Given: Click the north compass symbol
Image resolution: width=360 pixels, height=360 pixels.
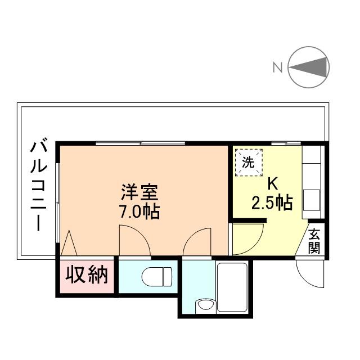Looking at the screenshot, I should point(309,67).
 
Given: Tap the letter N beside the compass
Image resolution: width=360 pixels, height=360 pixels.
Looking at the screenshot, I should point(277,68).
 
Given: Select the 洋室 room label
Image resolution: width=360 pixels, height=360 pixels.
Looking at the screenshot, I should point(140,192).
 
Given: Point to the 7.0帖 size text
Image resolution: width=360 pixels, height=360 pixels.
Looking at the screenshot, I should point(140,212).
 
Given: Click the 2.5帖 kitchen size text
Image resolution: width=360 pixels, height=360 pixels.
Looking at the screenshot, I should point(272,202).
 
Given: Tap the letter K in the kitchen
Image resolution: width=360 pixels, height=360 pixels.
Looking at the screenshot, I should point(272,184).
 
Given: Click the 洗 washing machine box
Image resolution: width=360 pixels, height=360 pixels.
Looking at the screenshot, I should point(249,162).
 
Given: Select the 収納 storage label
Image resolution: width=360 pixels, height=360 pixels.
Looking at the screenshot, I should point(87,276).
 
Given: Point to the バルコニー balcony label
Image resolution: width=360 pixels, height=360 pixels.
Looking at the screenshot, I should point(38,186).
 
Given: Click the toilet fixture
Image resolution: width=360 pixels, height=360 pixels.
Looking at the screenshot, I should point(157,276).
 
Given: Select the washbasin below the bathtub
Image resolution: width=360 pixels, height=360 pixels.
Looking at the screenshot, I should point(205,305).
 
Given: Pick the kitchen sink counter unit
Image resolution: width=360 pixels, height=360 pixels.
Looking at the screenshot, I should point(312,182).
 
